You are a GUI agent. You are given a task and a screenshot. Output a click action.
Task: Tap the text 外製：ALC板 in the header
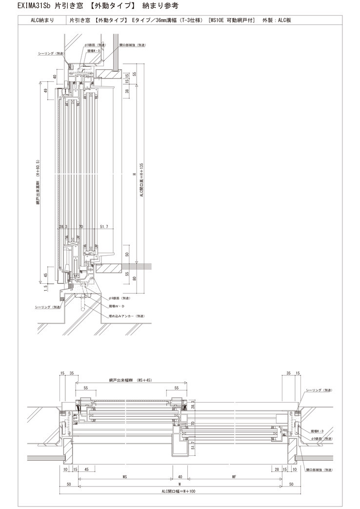pyautogui.click(x=277, y=20)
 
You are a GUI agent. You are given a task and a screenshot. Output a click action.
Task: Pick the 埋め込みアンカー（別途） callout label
pyautogui.click(x=126, y=315)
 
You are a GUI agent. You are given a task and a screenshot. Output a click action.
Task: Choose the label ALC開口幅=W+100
pyautogui.click(x=179, y=491)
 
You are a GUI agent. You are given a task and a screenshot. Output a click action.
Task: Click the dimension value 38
pyautogui.click(x=126, y=91)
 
